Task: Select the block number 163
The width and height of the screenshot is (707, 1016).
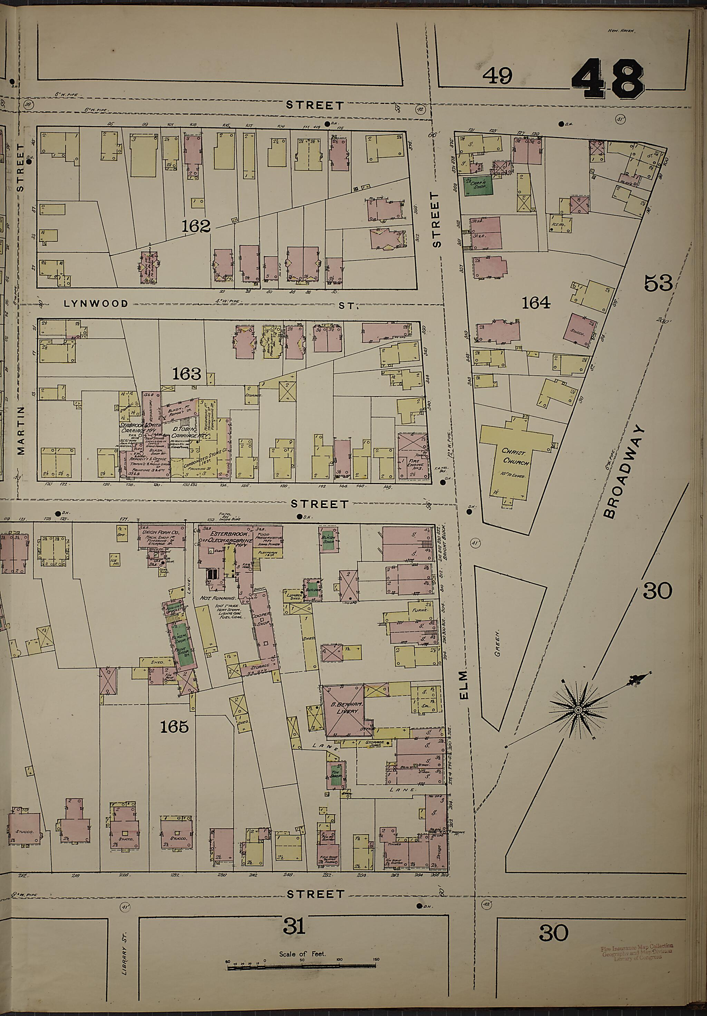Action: pyautogui.click(x=186, y=374)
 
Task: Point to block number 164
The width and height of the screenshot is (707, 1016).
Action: pyautogui.click(x=536, y=303)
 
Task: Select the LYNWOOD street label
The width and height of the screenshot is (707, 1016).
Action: pyautogui.click(x=96, y=304)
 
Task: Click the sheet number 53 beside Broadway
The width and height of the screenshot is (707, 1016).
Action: pyautogui.click(x=658, y=283)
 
